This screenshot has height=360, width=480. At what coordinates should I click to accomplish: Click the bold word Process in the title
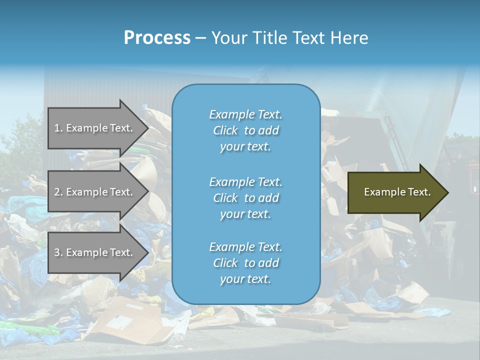click(157, 38)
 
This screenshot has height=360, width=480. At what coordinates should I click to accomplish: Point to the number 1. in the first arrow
click(58, 128)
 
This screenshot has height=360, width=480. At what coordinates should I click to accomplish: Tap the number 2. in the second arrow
click(58, 192)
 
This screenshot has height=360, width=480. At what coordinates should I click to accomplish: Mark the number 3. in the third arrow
click(58, 252)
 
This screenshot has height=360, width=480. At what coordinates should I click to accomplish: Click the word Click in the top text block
click(225, 130)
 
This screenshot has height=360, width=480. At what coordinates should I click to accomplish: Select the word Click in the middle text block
click(225, 198)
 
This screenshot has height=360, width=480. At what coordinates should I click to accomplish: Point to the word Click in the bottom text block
click(225, 263)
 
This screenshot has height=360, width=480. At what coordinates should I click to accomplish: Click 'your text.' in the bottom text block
click(245, 279)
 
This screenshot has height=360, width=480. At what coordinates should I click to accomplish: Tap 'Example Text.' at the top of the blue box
click(245, 114)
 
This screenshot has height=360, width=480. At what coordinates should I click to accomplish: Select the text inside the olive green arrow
click(397, 192)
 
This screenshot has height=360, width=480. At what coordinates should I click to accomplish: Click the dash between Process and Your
click(201, 38)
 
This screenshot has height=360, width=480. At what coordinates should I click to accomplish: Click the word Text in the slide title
click(306, 38)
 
